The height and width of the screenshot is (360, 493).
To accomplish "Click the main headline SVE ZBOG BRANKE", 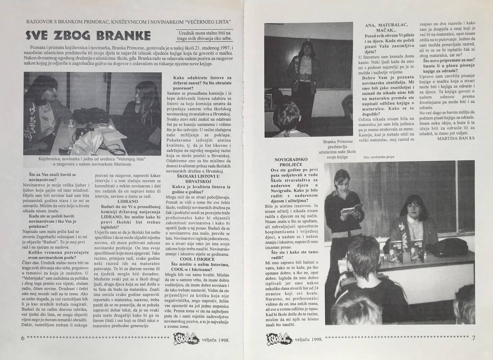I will [x=88, y=36].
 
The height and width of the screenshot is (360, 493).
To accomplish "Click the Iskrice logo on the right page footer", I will [x=278, y=338].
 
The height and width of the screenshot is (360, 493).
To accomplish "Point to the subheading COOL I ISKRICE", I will [x=196, y=258].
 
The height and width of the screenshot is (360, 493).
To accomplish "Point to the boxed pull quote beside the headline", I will [x=204, y=36].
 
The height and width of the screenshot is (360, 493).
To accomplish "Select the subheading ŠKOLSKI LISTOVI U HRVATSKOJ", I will [x=196, y=179].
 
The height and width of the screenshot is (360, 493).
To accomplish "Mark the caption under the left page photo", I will [x=92, y=162].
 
